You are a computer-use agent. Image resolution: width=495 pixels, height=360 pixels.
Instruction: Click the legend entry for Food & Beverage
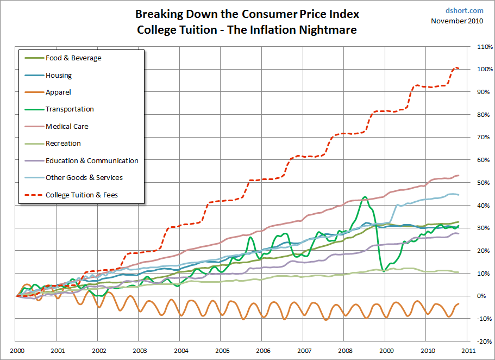click(x=73, y=58)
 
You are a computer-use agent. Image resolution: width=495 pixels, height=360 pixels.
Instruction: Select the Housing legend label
click(x=59, y=76)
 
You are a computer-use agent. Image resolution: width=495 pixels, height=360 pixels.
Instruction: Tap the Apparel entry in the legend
click(x=58, y=92)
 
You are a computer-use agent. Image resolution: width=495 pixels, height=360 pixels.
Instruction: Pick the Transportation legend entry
click(x=70, y=109)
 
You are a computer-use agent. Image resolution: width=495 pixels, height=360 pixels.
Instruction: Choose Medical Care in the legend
click(x=67, y=127)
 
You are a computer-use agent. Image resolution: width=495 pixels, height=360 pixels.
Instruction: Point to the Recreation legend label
click(x=63, y=144)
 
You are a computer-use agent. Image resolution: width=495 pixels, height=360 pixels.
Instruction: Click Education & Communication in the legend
click(x=92, y=161)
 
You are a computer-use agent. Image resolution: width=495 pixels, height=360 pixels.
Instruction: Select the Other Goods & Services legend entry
click(x=84, y=178)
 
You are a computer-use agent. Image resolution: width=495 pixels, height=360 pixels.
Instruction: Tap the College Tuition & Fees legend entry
click(x=82, y=195)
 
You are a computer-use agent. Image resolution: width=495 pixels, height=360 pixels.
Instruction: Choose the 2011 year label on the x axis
click(x=469, y=351)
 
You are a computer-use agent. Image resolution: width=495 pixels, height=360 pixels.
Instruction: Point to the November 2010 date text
click(x=458, y=21)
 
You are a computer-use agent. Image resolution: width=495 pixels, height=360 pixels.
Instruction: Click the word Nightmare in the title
click(x=326, y=30)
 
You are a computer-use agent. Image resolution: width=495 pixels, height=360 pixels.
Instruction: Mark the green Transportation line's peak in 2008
click(x=365, y=197)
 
